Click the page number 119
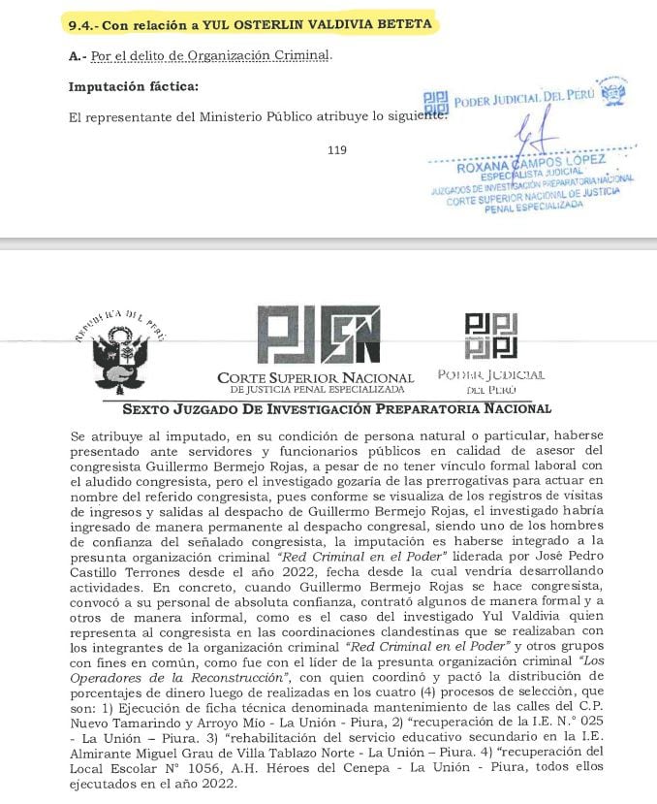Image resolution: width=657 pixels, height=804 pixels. click(337, 149)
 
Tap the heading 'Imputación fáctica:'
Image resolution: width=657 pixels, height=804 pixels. click(133, 86)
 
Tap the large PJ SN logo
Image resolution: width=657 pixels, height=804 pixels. click(317, 336)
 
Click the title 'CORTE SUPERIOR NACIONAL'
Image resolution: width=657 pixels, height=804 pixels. click(316, 377)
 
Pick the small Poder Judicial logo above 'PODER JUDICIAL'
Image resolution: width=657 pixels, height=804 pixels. click(491, 336)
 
